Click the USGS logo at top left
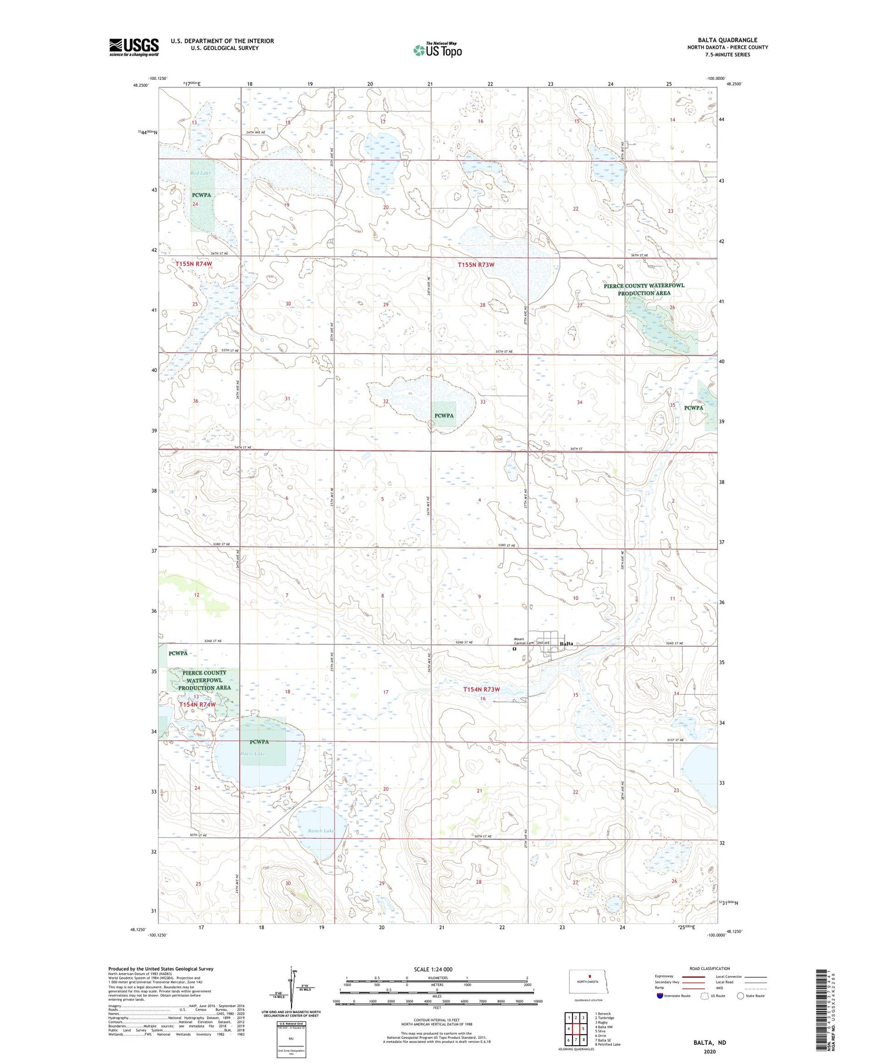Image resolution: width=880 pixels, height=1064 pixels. (134, 47)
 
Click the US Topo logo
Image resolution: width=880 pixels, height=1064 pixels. (437, 50)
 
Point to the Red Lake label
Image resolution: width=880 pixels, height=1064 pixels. (201, 173)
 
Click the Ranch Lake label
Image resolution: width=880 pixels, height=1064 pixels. (321, 830)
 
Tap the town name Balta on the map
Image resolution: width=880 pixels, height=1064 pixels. (566, 644)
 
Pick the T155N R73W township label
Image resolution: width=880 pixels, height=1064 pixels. (476, 265)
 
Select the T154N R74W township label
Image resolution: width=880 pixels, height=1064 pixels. (198, 704)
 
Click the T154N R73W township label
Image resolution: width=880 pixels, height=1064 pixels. (481, 690)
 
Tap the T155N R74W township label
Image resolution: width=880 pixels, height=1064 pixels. (194, 265)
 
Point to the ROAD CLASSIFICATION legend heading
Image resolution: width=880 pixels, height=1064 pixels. (710, 968)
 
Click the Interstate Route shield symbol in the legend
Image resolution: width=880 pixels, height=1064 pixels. (660, 995)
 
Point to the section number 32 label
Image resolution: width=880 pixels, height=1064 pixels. (385, 401)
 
